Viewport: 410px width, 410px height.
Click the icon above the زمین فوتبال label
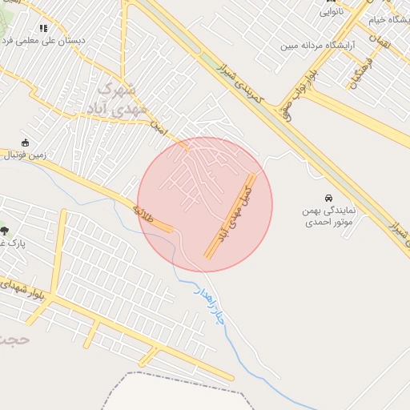(x=25, y=142)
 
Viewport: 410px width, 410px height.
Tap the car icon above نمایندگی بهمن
(x=328, y=198)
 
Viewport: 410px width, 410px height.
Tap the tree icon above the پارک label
(x=5, y=231)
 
